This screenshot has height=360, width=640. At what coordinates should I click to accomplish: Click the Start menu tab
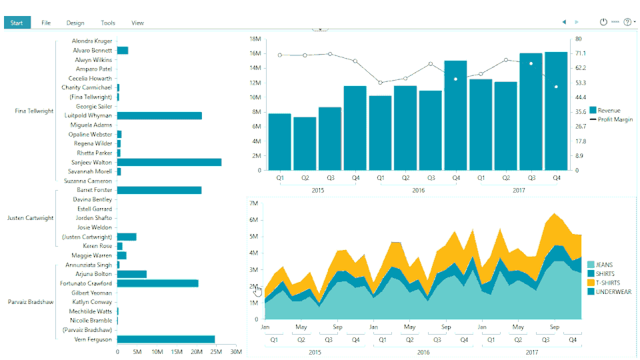(17, 23)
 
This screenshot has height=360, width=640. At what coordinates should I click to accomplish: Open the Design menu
(75, 23)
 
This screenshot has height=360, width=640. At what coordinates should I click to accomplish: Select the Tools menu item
(108, 23)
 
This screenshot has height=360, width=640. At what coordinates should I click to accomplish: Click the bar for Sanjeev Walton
(169, 162)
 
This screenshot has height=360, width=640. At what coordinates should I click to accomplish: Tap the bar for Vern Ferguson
(166, 339)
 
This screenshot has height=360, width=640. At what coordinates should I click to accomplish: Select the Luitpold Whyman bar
(159, 115)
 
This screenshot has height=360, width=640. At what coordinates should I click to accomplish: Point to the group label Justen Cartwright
(30, 218)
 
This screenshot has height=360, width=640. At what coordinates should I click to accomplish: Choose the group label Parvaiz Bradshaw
(30, 302)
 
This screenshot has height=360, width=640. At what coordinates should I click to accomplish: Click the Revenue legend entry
(609, 111)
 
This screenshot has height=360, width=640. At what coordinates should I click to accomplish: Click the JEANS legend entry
(605, 265)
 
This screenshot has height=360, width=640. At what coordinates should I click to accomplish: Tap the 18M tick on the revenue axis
(255, 39)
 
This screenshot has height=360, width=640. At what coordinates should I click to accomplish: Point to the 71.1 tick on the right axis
(581, 53)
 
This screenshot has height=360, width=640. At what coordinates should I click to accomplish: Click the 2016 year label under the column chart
(418, 190)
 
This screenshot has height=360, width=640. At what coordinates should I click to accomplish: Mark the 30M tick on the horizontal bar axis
(235, 352)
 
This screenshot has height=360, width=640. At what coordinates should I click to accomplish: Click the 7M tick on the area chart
(253, 203)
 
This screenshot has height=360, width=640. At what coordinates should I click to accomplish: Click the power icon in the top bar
(603, 22)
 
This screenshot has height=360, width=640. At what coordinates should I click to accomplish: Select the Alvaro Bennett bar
(123, 50)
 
